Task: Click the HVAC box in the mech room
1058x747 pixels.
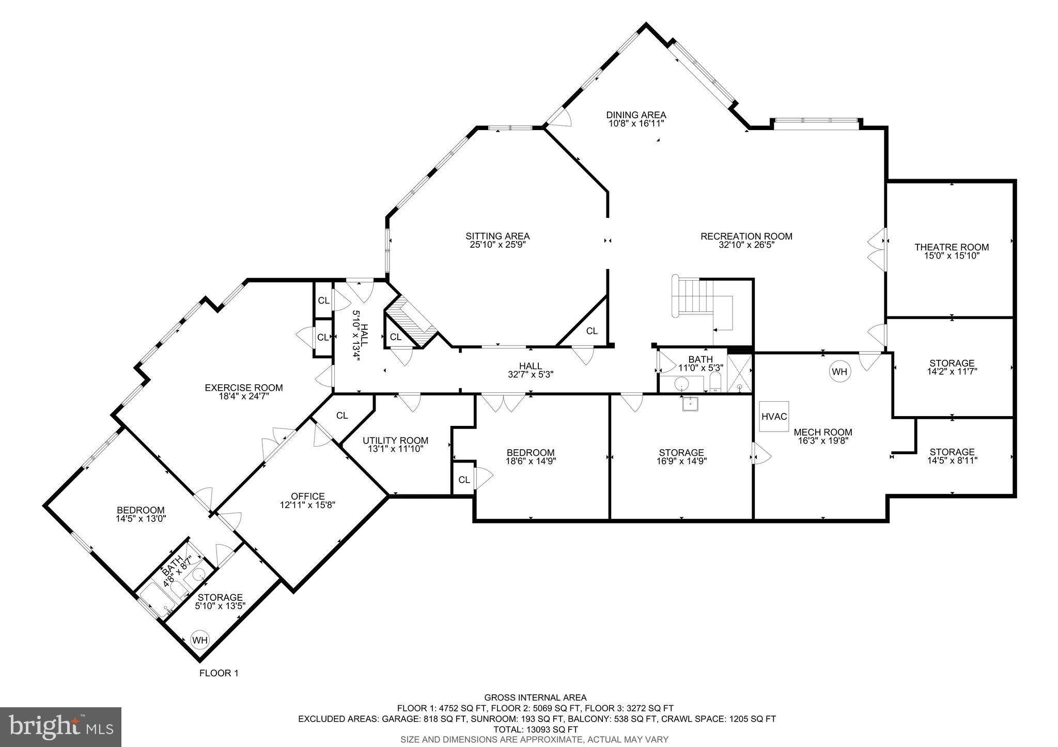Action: [774, 416]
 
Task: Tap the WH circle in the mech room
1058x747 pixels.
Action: [840, 372]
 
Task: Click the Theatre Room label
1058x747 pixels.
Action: [952, 247]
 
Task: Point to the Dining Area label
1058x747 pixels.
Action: [636, 115]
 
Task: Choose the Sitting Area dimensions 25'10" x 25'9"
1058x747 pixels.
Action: [497, 245]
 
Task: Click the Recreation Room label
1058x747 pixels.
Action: [746, 236]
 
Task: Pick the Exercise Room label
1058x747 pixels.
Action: [244, 388]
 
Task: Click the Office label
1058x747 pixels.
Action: [308, 496]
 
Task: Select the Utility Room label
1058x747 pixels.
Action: [395, 440]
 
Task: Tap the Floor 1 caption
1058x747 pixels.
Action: [219, 673]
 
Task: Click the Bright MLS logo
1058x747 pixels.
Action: [61, 726]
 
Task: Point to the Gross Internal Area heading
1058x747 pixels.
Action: [535, 698]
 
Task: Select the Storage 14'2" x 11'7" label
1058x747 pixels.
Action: [952, 367]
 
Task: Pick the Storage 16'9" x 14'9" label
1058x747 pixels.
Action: [681, 457]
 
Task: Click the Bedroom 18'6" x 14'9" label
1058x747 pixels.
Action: [531, 457]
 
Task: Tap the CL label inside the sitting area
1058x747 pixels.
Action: [592, 331]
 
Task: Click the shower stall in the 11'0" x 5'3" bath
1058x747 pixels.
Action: [740, 373]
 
